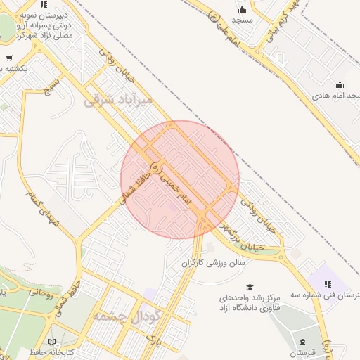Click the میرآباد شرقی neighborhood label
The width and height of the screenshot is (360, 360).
coord(118,100)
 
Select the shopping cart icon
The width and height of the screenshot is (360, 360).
coord(8,58)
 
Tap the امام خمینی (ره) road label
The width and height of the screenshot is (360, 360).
coord(176,186)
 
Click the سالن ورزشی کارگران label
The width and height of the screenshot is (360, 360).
coord(213,263)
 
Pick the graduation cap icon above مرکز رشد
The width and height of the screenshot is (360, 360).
coord(249,287)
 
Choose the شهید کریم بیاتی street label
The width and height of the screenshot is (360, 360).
coord(281,24)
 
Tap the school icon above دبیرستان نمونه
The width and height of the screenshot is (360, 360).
coord(44,4)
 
